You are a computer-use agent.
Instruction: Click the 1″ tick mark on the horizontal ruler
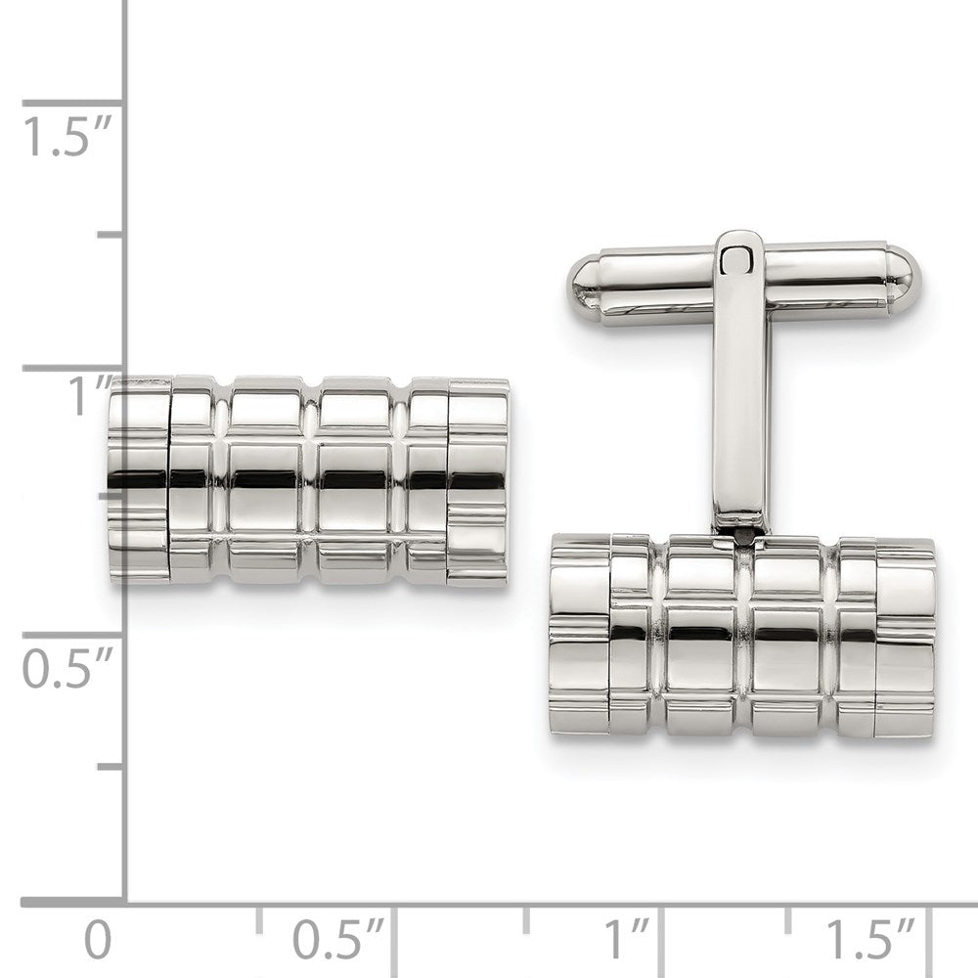click(663, 919)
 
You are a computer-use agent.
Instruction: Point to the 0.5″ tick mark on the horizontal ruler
click(394, 919)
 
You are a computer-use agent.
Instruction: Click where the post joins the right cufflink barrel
click(739, 533)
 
